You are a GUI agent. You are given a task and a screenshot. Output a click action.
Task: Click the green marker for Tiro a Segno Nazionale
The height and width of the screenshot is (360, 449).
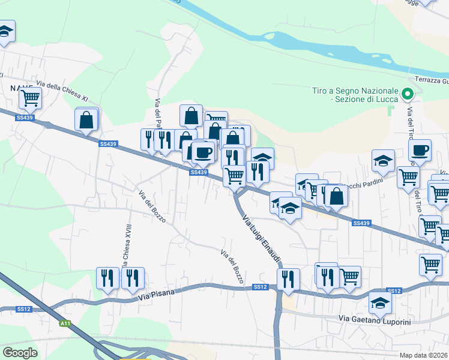[408, 94]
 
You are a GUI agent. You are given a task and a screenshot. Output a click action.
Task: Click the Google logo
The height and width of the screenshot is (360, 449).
[20, 352]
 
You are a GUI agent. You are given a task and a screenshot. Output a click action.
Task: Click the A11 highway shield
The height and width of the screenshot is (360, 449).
[65, 323]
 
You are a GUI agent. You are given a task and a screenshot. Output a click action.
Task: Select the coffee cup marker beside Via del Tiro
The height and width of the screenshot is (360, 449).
[420, 150]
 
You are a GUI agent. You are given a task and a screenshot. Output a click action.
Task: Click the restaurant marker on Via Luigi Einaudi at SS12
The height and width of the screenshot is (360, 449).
[288, 279]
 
